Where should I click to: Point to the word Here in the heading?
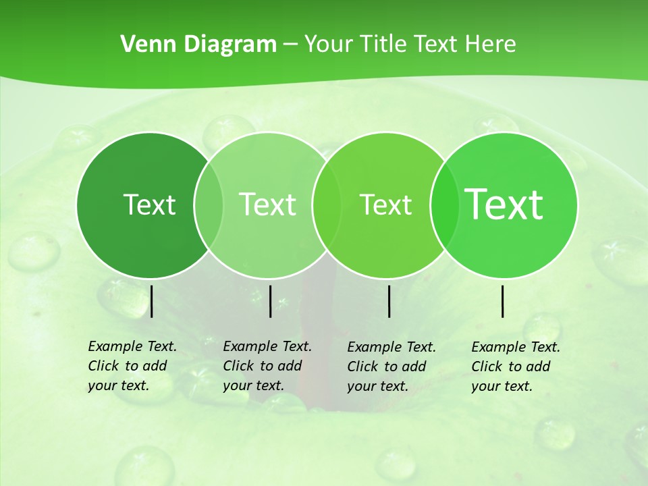click(x=491, y=44)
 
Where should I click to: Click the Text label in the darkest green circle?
click(x=149, y=205)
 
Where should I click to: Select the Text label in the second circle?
click(x=267, y=205)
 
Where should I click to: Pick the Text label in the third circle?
click(x=385, y=205)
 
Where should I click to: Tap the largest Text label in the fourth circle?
click(x=504, y=205)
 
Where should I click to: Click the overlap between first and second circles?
click(x=209, y=205)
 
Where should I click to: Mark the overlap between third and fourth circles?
click(x=445, y=205)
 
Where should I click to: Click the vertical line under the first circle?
click(x=152, y=301)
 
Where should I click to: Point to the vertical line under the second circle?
click(x=270, y=301)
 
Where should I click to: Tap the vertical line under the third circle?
click(x=389, y=301)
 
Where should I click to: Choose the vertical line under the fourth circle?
click(x=503, y=301)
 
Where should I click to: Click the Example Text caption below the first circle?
click(x=132, y=366)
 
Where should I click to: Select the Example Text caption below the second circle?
click(x=267, y=366)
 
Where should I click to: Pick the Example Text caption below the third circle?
click(x=391, y=367)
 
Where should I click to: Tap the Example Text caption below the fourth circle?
click(x=515, y=367)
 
